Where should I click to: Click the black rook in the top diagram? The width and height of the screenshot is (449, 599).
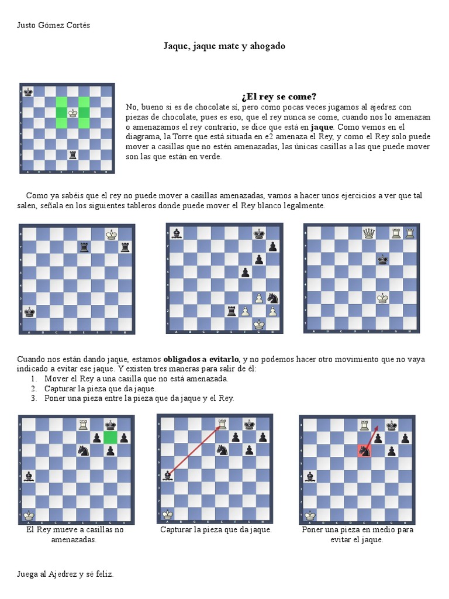pos(72,155)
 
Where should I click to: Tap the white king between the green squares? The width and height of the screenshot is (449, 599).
pos(72,112)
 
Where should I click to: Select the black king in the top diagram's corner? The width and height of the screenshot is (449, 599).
pos(28,91)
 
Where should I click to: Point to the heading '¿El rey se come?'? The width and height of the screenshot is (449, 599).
pos(278,97)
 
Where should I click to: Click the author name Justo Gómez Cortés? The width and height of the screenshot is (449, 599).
pos(54,25)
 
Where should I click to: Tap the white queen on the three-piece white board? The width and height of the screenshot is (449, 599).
pos(368,233)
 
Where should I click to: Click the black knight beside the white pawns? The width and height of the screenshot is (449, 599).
pos(272,297)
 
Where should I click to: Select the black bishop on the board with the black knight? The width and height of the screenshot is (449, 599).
pos(176,233)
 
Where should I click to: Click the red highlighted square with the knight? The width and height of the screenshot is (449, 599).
pos(365,450)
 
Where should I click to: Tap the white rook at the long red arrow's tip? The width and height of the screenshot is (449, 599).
pos(222,424)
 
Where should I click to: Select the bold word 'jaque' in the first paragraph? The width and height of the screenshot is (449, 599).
pos(322,126)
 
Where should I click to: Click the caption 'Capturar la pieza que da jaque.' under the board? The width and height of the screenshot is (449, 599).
pos(216,529)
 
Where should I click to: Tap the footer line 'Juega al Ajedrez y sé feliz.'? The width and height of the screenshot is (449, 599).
pos(65,574)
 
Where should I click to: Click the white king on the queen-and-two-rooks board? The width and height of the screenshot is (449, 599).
pos(382,297)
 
